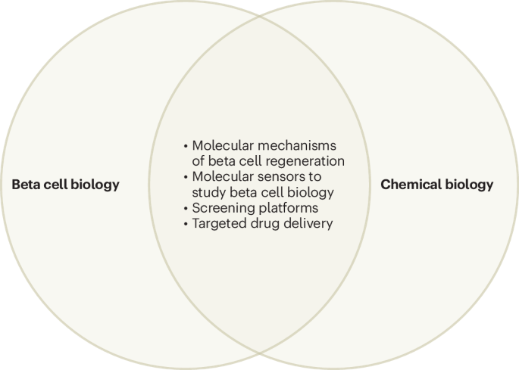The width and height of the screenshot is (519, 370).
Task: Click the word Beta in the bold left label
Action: coord(23,185)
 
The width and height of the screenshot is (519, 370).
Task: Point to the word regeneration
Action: coord(307,160)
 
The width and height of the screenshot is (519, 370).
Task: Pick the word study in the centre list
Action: coord(209,192)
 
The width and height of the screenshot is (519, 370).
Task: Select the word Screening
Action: coord(222,208)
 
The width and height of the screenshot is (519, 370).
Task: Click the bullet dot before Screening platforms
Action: coord(186,208)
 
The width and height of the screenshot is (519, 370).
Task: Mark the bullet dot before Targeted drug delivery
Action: coord(186,224)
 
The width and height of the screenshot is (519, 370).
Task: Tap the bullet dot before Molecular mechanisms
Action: coord(186,145)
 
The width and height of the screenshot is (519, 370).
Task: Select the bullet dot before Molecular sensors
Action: coord(186,176)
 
